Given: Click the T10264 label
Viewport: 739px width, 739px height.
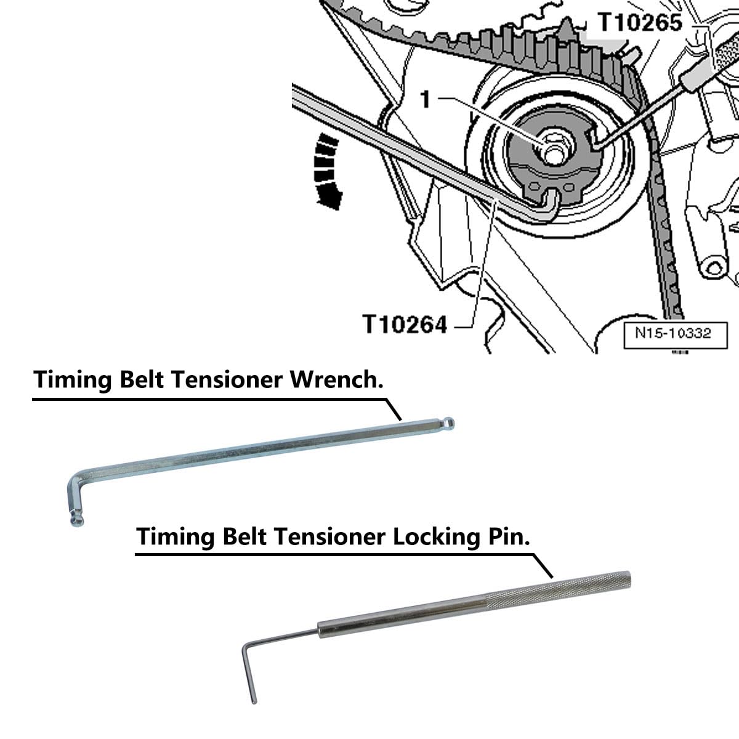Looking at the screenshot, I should click(x=404, y=323).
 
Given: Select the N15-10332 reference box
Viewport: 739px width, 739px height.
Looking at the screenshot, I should click(x=672, y=333).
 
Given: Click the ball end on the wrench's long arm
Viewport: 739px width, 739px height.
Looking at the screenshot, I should click(x=451, y=422).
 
